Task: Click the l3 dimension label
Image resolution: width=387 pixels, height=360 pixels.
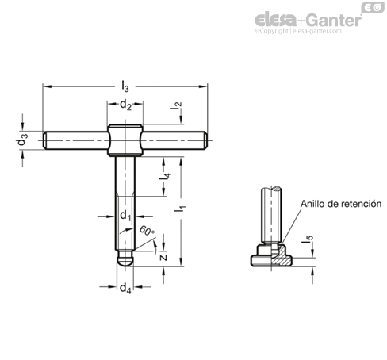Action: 125,86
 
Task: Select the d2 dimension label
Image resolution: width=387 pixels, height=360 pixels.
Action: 125,105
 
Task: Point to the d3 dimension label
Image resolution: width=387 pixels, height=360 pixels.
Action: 21,140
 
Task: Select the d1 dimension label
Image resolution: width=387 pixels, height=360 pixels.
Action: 125,216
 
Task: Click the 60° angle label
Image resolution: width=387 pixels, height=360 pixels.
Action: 147,231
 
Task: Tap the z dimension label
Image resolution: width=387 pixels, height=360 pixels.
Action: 164,257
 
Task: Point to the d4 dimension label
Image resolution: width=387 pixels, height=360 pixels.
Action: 125,288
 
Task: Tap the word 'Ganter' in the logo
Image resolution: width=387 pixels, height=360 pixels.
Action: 335,20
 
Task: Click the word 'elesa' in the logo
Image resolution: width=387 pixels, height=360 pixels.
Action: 276,20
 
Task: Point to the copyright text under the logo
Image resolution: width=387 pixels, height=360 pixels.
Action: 298,31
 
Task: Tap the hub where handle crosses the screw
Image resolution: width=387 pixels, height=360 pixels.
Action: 125,140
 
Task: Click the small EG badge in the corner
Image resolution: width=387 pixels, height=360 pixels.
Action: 373,7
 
